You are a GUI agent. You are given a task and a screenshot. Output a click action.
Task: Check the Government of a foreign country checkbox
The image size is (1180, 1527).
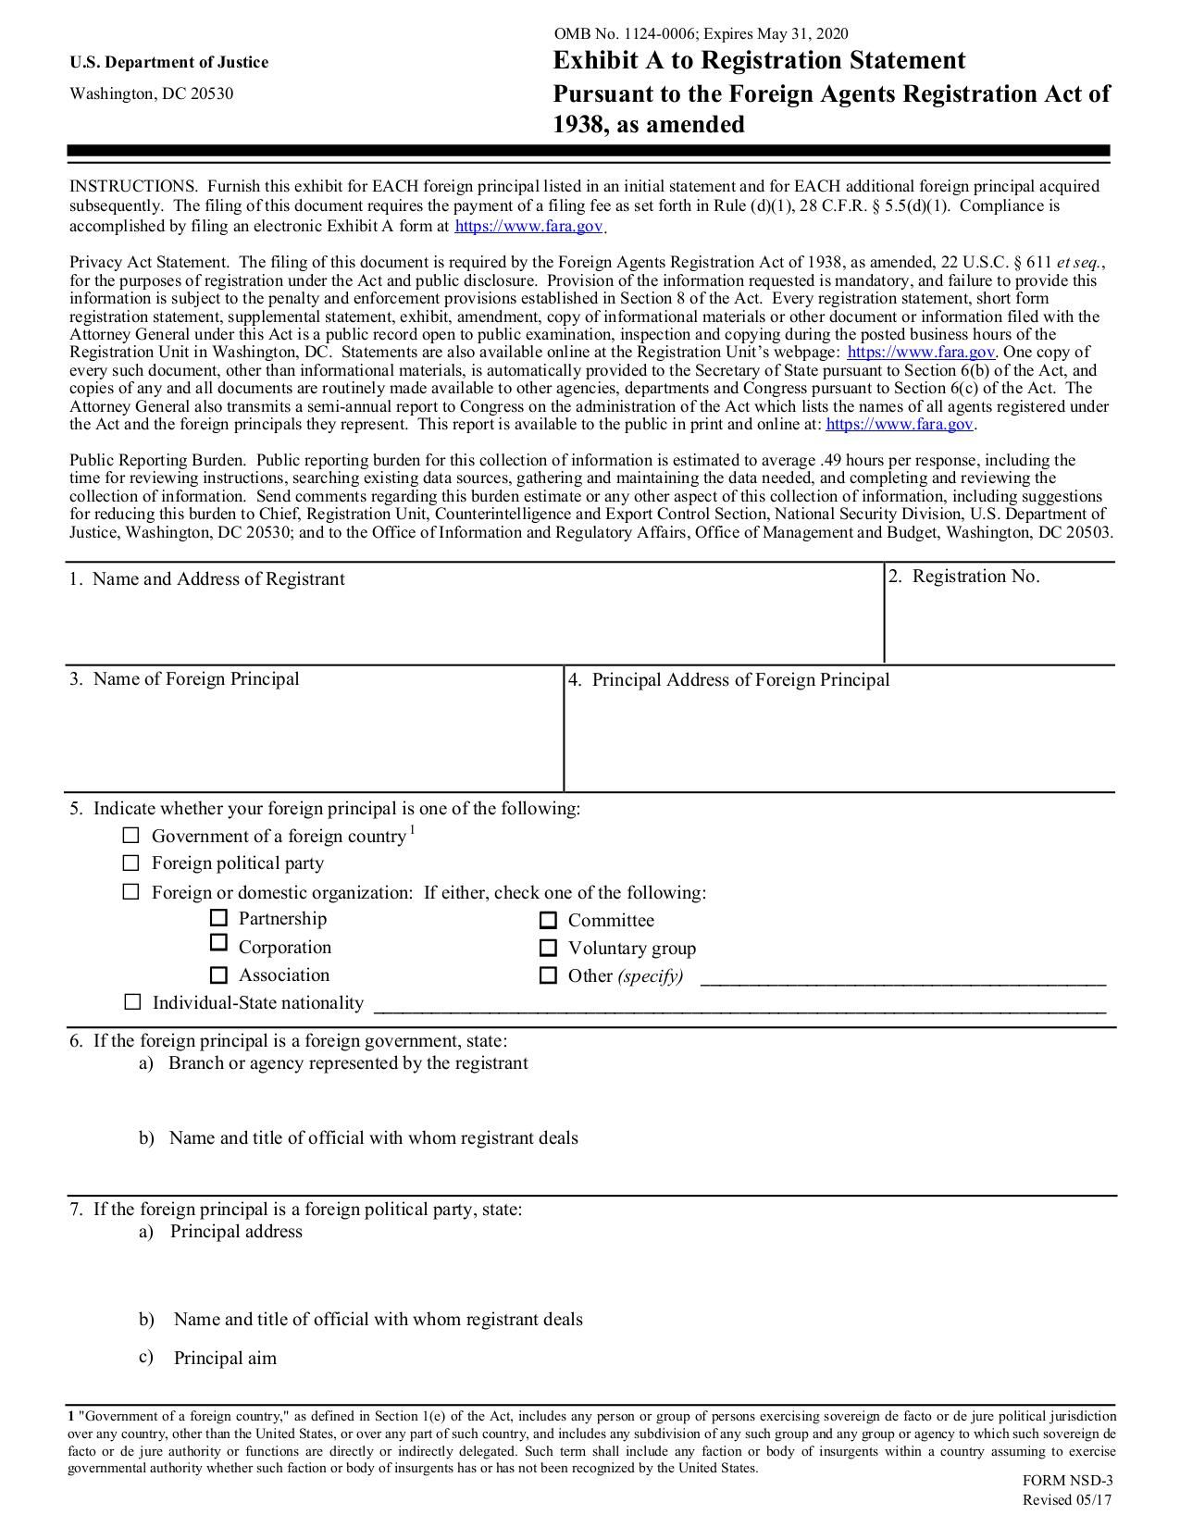pos(131,836)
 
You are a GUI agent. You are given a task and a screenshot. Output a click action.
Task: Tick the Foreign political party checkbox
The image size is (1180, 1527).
pos(131,863)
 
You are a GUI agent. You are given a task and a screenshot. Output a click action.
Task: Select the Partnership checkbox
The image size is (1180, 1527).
pos(218,918)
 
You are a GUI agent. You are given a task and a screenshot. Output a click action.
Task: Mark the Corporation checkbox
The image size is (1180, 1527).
pos(218,943)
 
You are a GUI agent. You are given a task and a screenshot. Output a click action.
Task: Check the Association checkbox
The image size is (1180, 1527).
pos(218,975)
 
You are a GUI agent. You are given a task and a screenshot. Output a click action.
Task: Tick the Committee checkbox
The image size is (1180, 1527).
pos(548,920)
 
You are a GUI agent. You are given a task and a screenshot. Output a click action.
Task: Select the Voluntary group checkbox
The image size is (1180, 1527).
pos(548,948)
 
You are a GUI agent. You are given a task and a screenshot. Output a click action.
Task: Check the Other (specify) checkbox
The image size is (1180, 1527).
pos(548,975)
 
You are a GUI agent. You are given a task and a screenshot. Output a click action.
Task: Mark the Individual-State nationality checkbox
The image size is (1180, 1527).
pos(132,1002)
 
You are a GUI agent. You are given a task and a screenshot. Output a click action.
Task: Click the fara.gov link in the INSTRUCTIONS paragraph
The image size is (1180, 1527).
pos(528,226)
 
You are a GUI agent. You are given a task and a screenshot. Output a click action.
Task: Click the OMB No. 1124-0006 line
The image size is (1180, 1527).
pos(701,34)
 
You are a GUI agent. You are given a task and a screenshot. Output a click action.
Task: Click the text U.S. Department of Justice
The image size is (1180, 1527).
pos(168,62)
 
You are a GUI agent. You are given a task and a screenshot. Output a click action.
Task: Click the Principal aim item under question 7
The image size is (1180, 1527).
pos(225,1359)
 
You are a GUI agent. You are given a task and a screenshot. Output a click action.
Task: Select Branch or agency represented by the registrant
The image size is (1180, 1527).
pos(348,1063)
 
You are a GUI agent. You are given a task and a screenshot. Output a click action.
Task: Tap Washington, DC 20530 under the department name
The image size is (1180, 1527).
pos(152,93)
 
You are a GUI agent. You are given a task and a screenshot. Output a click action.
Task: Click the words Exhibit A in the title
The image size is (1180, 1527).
pos(606,61)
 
